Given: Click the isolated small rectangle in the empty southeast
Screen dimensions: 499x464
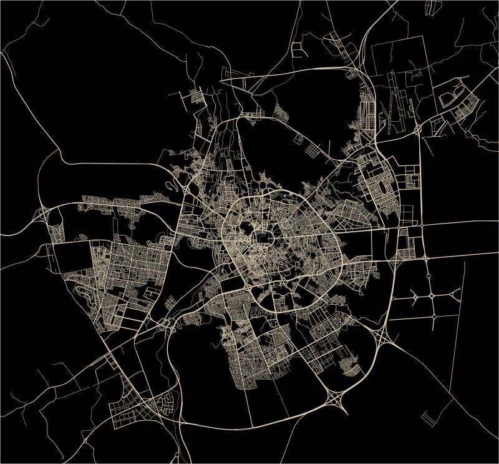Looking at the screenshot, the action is pos(429,415).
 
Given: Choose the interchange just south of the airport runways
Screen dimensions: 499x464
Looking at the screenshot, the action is pos(416,130).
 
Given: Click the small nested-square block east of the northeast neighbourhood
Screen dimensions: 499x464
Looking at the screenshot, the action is pos(412,181).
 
